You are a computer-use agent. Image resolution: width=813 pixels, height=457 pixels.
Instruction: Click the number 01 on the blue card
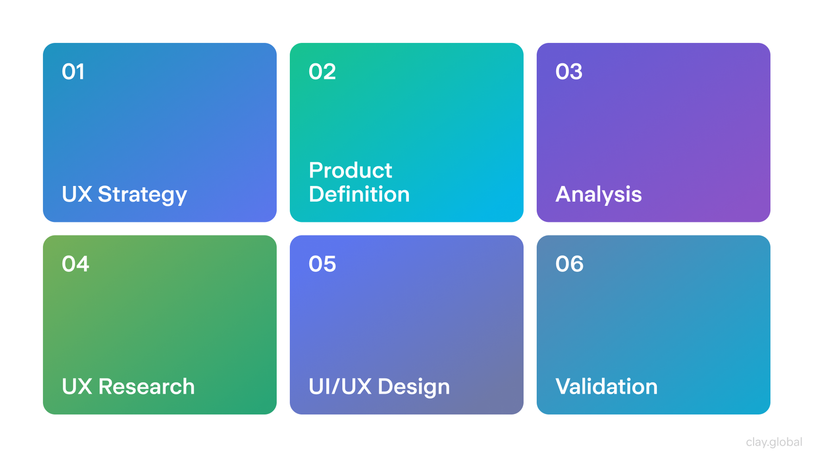pos(73,72)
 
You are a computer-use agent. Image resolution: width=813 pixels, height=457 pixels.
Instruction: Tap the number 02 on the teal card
pos(322,72)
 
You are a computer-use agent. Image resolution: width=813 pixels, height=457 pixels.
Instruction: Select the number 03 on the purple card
pos(569,72)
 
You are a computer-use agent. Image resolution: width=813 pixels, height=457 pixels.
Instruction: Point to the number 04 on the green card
pos(75,264)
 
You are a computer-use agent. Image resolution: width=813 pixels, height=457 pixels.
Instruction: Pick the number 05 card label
pos(322,264)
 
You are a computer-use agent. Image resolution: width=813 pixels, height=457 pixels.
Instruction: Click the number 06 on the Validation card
pos(569,264)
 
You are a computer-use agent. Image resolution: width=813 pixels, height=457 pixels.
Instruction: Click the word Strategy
pos(142,194)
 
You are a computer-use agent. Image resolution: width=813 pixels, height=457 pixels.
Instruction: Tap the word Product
pos(350,171)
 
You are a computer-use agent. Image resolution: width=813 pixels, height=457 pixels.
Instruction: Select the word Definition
pos(359,194)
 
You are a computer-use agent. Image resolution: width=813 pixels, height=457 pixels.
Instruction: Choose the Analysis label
pos(598,194)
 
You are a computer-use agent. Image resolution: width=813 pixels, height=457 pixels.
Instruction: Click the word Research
pos(146,386)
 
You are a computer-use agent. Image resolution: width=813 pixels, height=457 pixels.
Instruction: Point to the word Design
pos(414,387)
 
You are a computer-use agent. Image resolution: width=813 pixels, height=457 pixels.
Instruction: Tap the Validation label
pos(606,386)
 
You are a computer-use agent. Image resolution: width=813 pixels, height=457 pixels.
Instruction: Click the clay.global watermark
pos(774,442)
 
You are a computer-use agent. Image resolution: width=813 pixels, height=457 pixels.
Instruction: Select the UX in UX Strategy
pos(77,194)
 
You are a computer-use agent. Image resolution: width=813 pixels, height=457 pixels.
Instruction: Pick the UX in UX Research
pos(77,386)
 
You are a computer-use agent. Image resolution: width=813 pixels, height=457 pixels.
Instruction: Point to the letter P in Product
pos(316,171)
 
